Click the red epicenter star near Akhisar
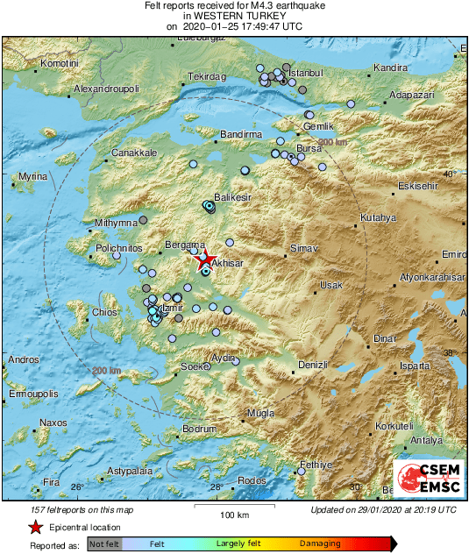click(204, 259)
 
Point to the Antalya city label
click(426, 440)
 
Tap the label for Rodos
click(252, 480)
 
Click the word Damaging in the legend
click(320, 543)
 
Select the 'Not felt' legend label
click(103, 543)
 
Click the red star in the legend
click(35, 528)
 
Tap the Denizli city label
click(312, 364)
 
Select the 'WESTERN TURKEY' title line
click(235, 16)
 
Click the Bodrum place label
click(198, 429)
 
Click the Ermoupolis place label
click(32, 394)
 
